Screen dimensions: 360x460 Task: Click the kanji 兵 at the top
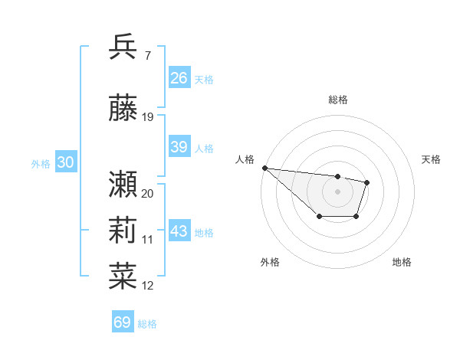pos(123,47)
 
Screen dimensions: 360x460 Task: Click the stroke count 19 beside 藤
pos(148,116)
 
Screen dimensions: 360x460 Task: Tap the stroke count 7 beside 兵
pos(147,56)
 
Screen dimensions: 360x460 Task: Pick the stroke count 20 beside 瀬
pos(148,193)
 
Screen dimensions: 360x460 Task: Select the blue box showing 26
pos(179,78)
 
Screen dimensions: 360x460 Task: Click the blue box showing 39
pos(179,147)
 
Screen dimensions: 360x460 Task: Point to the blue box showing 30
pos(65,162)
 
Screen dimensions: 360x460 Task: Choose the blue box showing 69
pos(123,322)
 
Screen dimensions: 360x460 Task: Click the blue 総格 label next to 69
pos(147,324)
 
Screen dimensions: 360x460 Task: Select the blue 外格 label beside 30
pos(41,164)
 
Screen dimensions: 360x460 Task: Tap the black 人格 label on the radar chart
pos(245,159)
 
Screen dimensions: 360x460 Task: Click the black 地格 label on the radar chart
pos(402,262)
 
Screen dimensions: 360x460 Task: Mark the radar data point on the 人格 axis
pos(264,168)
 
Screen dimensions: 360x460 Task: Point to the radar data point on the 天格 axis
pos(367,182)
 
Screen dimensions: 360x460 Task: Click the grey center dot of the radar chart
pos(337,191)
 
